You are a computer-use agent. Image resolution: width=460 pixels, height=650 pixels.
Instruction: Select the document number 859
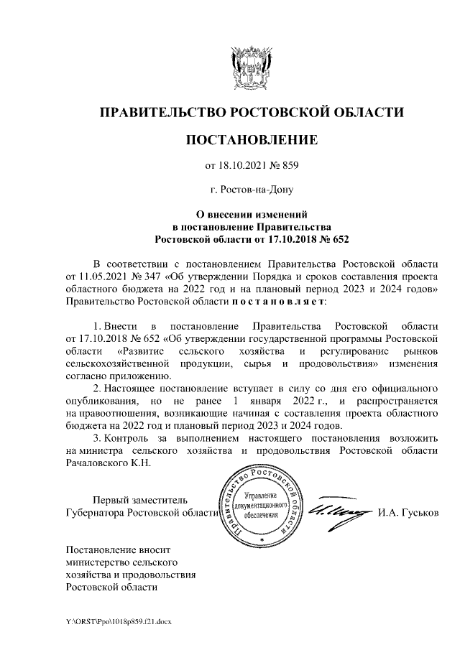click(x=287, y=167)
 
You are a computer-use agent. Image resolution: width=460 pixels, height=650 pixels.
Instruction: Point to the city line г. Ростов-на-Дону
click(x=251, y=190)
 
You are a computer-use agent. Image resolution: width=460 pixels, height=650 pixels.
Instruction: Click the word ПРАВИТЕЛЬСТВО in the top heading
click(x=162, y=112)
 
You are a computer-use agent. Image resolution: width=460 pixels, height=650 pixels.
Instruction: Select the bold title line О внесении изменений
click(x=251, y=214)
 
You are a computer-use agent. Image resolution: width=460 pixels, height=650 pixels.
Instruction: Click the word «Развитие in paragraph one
click(x=142, y=350)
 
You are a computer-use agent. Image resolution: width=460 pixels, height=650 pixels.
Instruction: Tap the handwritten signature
click(x=337, y=510)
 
